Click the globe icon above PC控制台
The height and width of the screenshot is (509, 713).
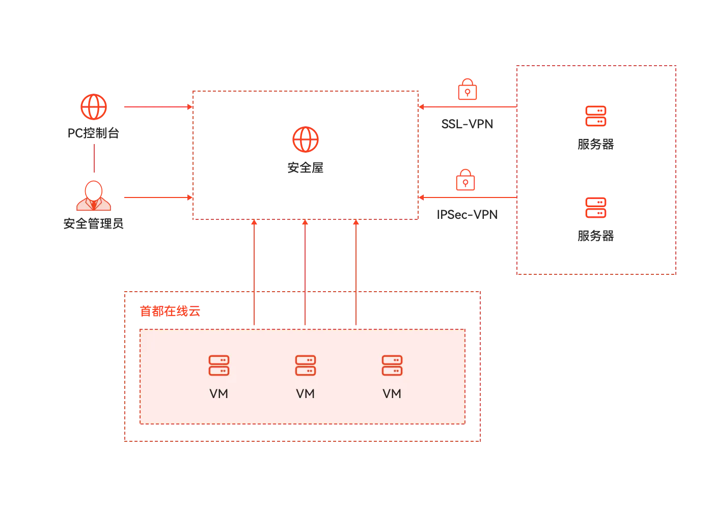tap(94, 107)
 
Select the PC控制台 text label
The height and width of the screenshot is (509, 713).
tap(93, 133)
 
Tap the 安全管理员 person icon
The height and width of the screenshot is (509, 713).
tap(94, 195)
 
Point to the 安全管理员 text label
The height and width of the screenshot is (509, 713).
tap(93, 223)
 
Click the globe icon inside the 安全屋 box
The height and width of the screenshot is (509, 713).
tap(306, 139)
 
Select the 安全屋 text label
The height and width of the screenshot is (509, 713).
tap(306, 167)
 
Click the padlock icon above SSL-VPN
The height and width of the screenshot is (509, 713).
tap(468, 90)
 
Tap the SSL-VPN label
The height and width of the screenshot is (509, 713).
tap(468, 124)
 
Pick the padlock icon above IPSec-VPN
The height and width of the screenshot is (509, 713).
tap(465, 180)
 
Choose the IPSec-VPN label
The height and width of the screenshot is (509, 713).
tap(468, 215)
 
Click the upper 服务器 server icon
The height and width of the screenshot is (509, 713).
tap(596, 116)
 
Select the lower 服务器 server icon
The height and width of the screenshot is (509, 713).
tap(596, 208)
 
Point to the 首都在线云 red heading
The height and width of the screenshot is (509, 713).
tap(170, 311)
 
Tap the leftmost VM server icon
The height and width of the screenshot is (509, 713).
tap(219, 365)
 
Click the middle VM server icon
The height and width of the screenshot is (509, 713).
tap(306, 365)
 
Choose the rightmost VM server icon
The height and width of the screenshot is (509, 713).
tap(392, 365)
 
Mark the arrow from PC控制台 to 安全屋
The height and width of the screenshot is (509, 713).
tap(158, 107)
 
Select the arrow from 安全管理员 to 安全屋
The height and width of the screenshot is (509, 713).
tap(158, 197)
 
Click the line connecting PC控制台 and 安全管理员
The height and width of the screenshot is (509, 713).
tap(94, 158)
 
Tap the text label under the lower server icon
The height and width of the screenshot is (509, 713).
tap(596, 236)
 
